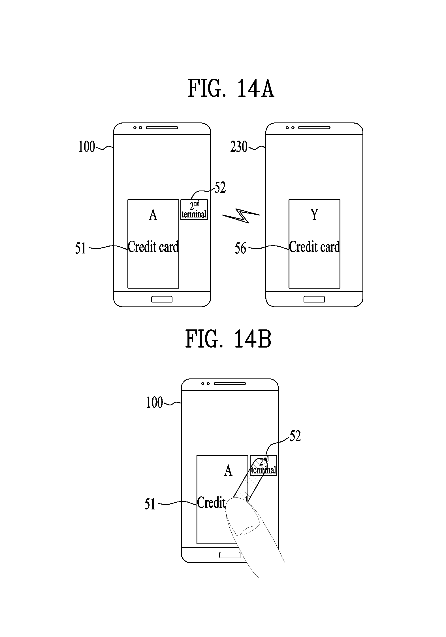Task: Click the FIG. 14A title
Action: pos(231,89)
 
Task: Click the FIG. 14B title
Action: pos(228,339)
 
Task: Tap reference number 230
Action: pos(239,147)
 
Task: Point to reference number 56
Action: pos(240,248)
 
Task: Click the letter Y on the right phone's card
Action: pos(314,214)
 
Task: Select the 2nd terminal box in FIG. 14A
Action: pos(194,209)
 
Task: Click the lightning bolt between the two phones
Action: pos(241,216)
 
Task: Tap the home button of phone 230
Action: pos(314,299)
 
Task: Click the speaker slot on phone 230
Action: pos(314,128)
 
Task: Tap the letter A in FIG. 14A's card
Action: pos(153,215)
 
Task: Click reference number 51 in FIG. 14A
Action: pos(80,248)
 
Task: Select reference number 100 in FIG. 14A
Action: pos(87,147)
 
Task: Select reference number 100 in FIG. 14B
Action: pos(155,403)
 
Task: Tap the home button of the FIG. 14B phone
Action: pos(230,555)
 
